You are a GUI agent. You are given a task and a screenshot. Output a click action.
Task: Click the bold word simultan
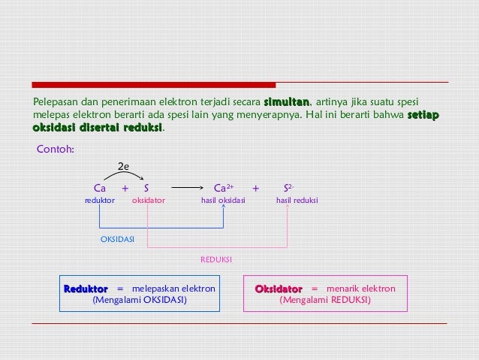286,102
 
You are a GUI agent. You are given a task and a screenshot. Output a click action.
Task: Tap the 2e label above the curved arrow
125,166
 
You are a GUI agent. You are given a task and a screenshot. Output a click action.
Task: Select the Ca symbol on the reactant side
99,188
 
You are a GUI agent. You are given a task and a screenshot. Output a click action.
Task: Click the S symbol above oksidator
147,188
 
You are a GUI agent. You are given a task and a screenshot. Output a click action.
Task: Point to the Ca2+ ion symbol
223,188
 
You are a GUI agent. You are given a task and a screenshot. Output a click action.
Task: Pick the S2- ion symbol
288,188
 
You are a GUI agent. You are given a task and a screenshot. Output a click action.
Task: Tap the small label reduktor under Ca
99,201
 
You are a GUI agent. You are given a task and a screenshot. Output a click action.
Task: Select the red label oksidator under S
148,201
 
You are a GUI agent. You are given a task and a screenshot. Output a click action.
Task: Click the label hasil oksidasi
223,201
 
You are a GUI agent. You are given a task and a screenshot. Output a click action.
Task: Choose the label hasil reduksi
297,201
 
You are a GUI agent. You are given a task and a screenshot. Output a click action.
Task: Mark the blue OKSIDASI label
117,239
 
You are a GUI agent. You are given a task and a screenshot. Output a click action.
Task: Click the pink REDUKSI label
216,259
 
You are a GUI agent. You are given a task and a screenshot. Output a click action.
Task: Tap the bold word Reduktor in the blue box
86,289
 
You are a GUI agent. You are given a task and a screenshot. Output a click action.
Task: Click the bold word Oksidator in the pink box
279,289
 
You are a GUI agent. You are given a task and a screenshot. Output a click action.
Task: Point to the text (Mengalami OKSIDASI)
140,300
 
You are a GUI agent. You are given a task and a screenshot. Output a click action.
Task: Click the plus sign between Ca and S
125,188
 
